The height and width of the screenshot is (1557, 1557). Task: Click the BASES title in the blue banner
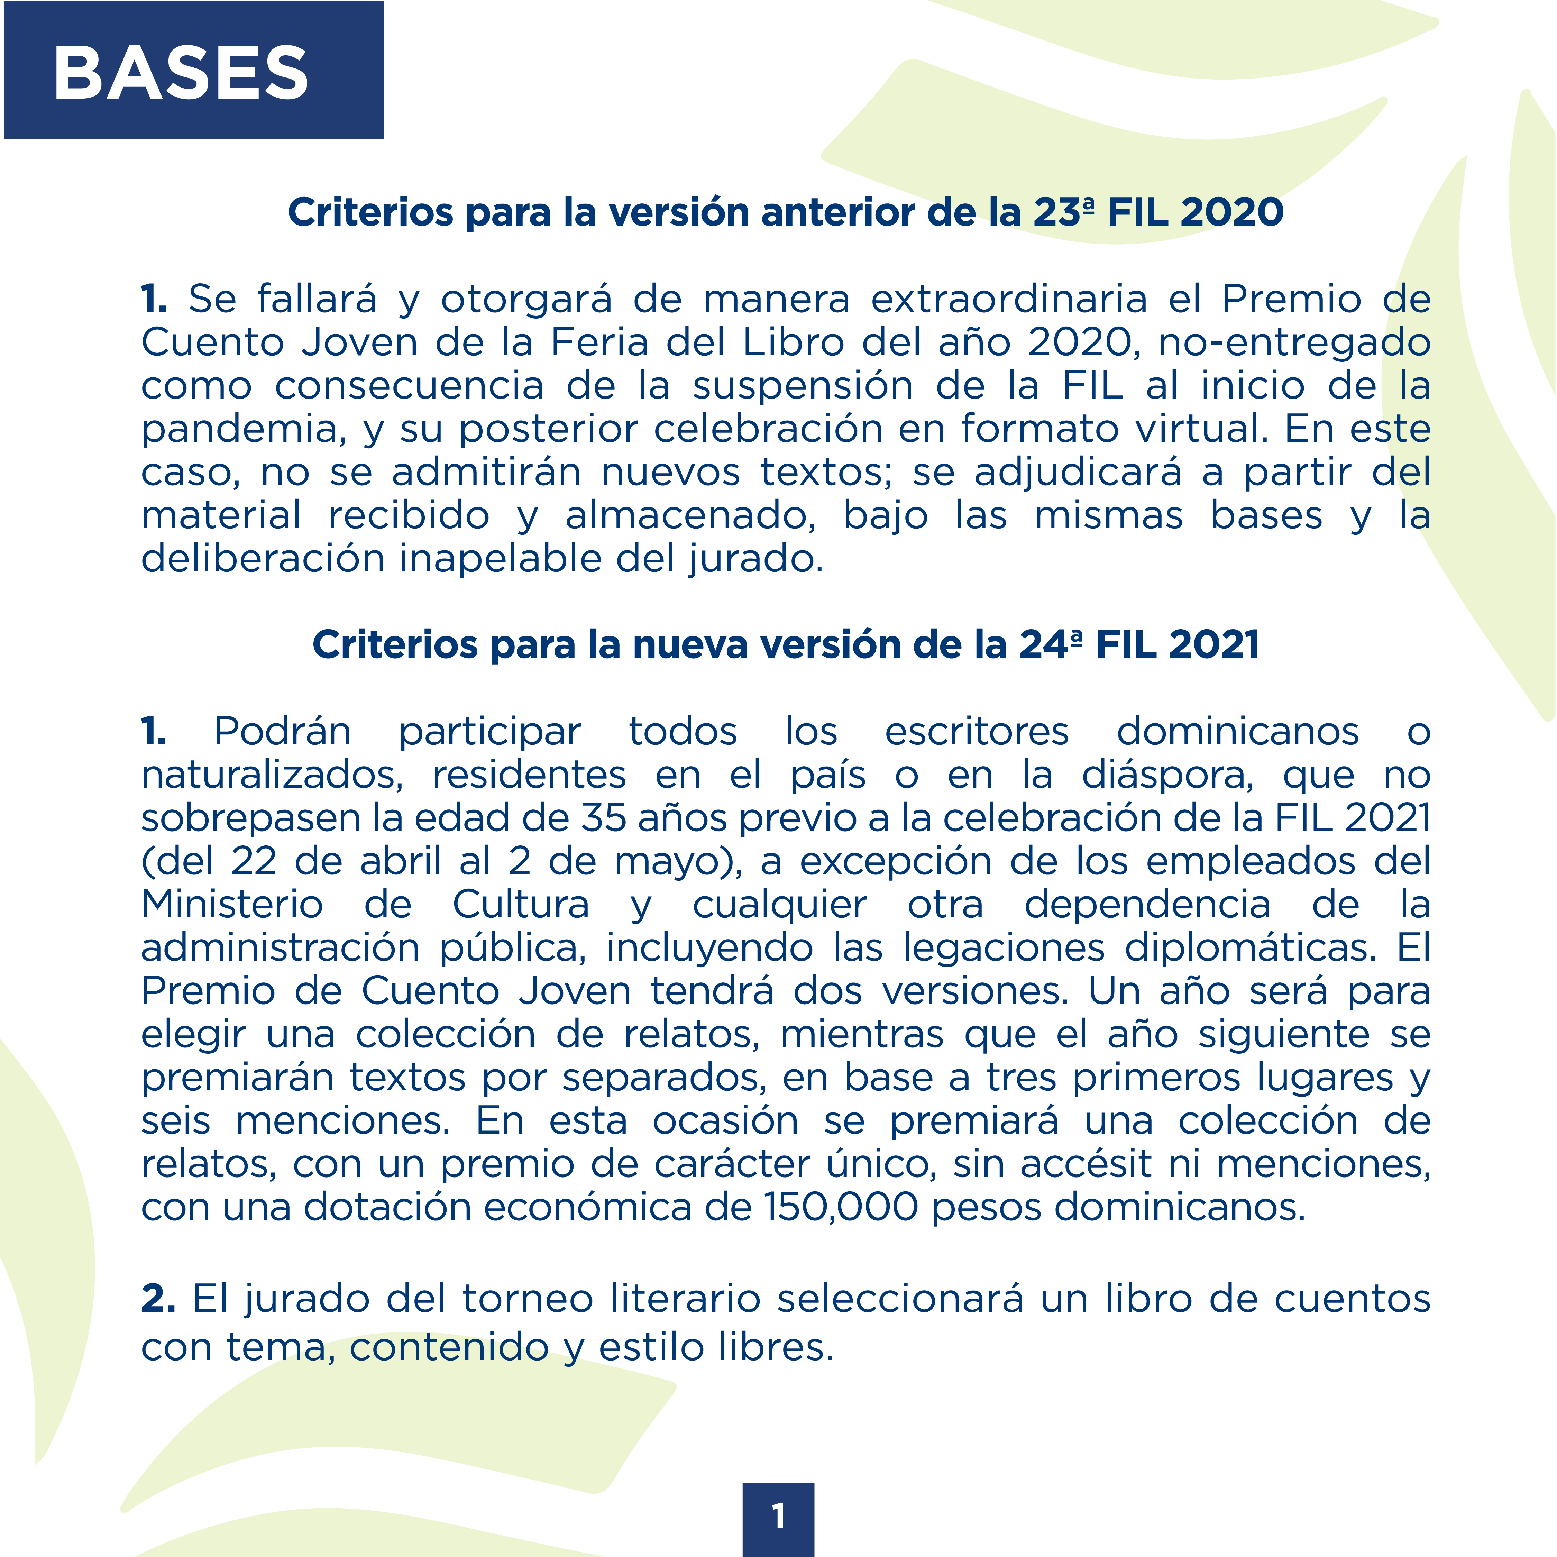point(181,73)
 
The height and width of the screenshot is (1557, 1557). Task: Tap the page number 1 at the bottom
point(778,1516)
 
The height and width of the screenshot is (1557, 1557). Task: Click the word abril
point(401,861)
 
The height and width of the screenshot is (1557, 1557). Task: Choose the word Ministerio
point(232,904)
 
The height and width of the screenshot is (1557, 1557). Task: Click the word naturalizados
point(272,775)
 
